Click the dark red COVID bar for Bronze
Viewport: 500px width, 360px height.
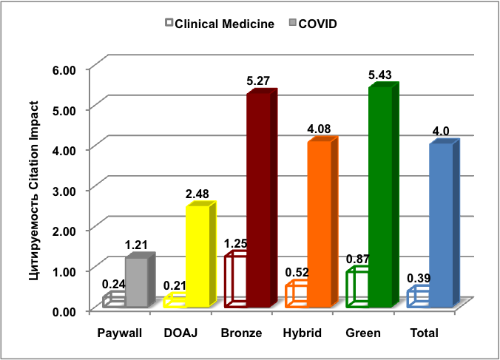point(259,200)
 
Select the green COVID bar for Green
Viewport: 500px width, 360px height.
point(380,197)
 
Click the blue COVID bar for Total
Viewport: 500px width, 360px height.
point(441,225)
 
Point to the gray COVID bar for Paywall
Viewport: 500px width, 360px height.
point(137,282)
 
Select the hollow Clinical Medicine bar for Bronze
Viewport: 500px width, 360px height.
point(236,281)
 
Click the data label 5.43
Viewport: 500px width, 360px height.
point(385,75)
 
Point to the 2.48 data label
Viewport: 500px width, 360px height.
point(197,194)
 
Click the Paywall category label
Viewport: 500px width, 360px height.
point(119,333)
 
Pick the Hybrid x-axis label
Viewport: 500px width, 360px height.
point(302,333)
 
